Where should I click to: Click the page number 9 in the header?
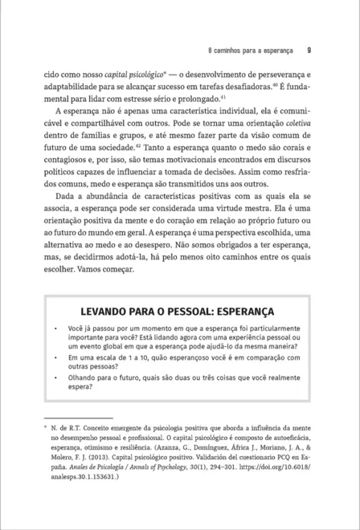click(x=309, y=47)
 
